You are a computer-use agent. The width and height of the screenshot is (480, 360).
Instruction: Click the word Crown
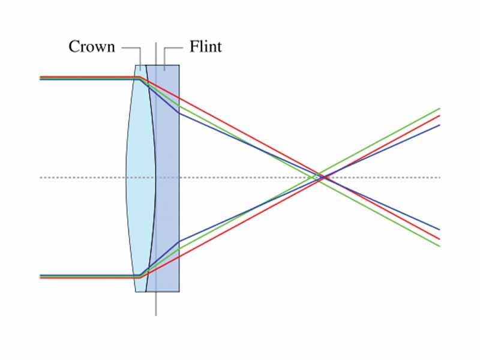point(91,47)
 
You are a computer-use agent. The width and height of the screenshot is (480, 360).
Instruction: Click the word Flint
point(205,47)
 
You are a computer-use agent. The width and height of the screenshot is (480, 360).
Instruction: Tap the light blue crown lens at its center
point(140,178)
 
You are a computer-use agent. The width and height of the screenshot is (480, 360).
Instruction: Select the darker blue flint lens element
point(168,178)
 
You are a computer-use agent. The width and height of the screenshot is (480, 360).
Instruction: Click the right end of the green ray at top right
point(439,109)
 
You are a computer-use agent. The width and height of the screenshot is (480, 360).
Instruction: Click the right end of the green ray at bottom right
point(439,246)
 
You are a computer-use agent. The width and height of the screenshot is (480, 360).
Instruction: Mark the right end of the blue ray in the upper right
point(439,125)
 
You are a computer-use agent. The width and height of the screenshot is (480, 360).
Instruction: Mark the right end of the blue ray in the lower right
point(439,230)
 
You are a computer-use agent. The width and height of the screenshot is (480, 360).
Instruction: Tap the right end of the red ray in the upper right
point(439,116)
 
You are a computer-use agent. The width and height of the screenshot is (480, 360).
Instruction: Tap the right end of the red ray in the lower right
point(439,239)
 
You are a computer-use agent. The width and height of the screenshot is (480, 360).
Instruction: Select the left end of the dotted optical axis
point(41,177)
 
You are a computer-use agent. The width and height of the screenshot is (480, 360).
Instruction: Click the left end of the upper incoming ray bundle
point(41,78)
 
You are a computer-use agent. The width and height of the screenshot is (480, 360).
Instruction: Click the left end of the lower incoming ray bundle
point(41,277)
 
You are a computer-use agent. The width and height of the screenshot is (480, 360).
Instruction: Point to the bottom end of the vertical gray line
point(156,314)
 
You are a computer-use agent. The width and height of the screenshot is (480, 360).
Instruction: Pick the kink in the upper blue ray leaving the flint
point(179,113)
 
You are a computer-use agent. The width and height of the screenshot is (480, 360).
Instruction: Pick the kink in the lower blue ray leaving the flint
point(179,241)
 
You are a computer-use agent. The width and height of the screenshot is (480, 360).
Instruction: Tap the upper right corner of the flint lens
point(179,65)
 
